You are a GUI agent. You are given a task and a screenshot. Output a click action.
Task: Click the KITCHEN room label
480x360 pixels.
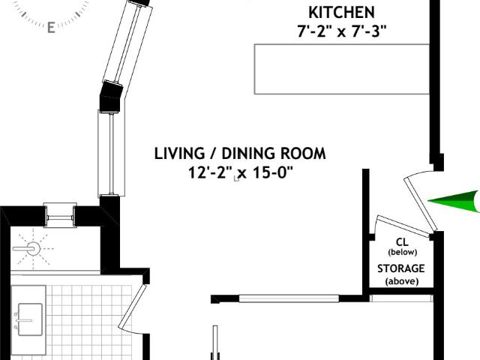click(x=341, y=13)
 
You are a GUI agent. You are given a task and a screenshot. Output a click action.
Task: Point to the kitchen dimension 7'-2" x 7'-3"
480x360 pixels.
click(x=342, y=31)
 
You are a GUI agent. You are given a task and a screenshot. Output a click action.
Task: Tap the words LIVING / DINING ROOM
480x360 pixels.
click(x=240, y=154)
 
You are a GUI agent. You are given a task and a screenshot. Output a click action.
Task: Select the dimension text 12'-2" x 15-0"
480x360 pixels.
click(x=241, y=172)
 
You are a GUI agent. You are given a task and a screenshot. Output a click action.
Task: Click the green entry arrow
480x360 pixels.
click(x=454, y=201)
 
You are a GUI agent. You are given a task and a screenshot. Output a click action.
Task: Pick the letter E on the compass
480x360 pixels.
click(x=51, y=28)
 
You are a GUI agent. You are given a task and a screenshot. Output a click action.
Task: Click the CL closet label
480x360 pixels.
click(x=402, y=242)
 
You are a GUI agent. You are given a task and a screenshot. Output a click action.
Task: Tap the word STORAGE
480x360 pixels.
click(x=400, y=268)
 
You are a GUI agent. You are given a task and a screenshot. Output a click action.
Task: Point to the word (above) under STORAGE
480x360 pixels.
click(x=402, y=281)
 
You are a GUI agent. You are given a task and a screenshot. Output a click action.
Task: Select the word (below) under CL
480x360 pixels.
click(x=402, y=252)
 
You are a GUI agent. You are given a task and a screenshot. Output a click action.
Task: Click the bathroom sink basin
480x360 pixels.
click(x=30, y=319)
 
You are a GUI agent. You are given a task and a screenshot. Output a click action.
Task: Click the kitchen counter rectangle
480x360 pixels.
click(x=342, y=69)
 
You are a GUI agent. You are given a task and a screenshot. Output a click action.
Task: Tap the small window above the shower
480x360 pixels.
click(x=60, y=215)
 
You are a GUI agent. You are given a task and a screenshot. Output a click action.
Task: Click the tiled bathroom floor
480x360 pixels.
click(x=88, y=322)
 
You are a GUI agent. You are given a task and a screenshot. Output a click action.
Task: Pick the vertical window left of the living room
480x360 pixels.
click(x=112, y=153)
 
